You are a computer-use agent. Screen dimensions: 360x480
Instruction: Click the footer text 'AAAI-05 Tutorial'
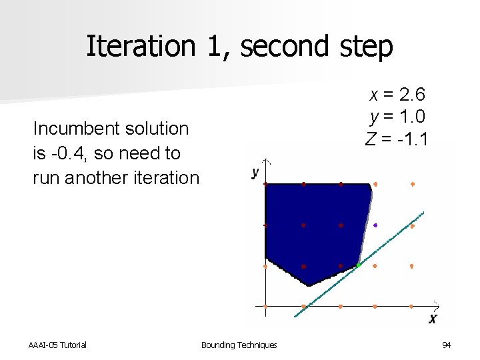(57, 345)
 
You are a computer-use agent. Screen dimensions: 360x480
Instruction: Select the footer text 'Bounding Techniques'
(239, 345)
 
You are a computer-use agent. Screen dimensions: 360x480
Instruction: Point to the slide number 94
(446, 345)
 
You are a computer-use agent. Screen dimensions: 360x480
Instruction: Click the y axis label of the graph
(255, 172)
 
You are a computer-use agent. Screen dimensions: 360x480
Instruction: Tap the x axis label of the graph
(433, 319)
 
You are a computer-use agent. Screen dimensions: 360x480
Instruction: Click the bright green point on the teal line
(359, 265)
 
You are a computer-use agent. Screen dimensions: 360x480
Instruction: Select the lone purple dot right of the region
(375, 225)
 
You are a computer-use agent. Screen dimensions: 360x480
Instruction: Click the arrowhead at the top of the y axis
(265, 162)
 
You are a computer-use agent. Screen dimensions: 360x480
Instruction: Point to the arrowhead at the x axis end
(437, 306)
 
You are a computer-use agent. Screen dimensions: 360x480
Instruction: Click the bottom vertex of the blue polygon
(309, 285)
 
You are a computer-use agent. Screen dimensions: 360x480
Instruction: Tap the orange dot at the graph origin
(265, 307)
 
